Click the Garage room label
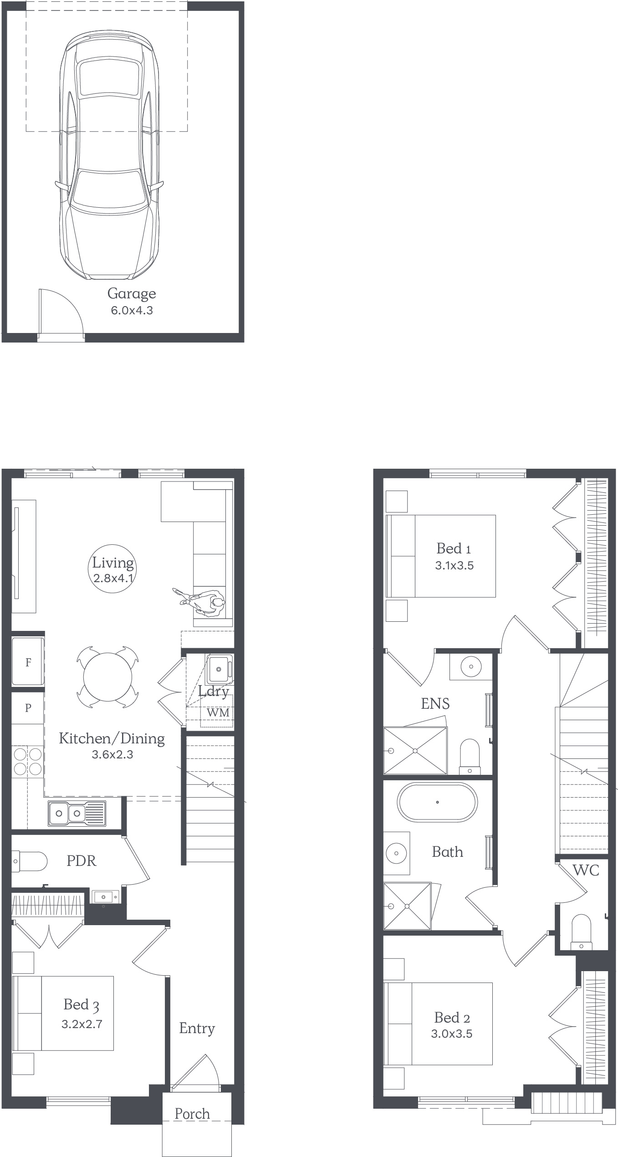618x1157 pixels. (132, 294)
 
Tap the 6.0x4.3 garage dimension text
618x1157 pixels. (132, 311)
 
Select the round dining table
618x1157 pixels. (107, 677)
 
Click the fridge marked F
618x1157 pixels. (28, 662)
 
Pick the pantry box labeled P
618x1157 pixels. (28, 707)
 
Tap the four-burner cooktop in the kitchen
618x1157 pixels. (28, 762)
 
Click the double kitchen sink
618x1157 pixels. (77, 813)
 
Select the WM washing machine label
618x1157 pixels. (218, 712)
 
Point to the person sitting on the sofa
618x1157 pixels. (200, 601)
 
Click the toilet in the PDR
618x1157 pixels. (29, 861)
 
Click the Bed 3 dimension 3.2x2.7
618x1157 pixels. (82, 1024)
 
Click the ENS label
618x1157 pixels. (435, 704)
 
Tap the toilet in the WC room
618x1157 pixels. (581, 932)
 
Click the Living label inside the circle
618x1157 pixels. (113, 563)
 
